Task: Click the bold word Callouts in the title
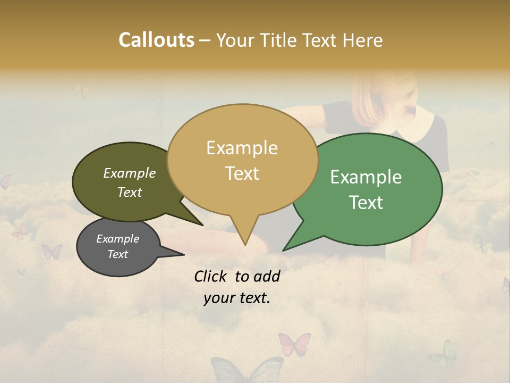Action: (x=156, y=40)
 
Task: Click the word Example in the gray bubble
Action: (x=117, y=239)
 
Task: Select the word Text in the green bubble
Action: (x=366, y=202)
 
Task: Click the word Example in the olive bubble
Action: (x=129, y=173)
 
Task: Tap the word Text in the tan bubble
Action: (x=242, y=173)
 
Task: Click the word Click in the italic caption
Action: (x=211, y=276)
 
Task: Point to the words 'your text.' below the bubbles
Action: (x=237, y=298)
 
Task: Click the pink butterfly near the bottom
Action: (x=294, y=343)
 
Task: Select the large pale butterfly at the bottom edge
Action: (x=247, y=370)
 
